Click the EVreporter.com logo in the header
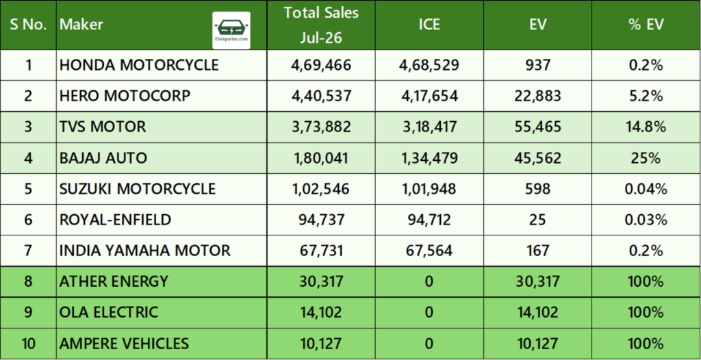(231, 30)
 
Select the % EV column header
(646, 25)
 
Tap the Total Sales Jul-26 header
(321, 25)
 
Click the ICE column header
(429, 25)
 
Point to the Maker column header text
(81, 24)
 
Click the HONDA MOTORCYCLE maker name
(139, 65)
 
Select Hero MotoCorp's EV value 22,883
(537, 96)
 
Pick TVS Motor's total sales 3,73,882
(321, 127)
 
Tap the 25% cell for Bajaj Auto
(646, 158)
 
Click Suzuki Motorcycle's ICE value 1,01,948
(429, 189)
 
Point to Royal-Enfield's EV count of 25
(537, 220)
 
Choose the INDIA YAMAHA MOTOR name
(145, 250)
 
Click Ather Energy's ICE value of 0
(429, 281)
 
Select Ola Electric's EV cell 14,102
(537, 312)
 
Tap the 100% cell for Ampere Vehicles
(646, 344)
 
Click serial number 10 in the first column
(28, 344)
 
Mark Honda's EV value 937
(537, 65)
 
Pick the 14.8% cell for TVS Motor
(646, 127)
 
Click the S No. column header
(28, 25)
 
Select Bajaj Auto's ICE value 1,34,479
(429, 158)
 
